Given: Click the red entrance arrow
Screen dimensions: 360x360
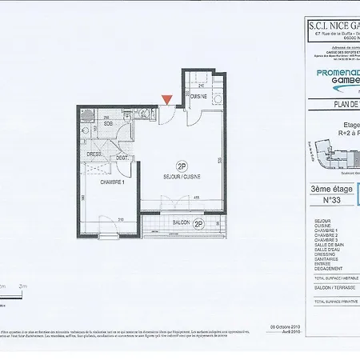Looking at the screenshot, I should tap(166, 99).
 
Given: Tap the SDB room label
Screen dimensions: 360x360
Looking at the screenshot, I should tap(107, 124).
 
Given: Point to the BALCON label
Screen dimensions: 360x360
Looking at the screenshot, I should tap(181, 224).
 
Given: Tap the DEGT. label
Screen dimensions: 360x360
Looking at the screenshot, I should tap(122, 158).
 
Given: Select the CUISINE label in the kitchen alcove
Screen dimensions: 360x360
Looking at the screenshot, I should tap(198, 96).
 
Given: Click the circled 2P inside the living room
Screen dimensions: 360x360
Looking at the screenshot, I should tap(182, 166).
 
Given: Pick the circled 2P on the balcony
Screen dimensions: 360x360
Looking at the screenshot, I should tap(198, 224).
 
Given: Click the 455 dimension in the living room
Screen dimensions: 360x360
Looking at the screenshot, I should tap(195, 198).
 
